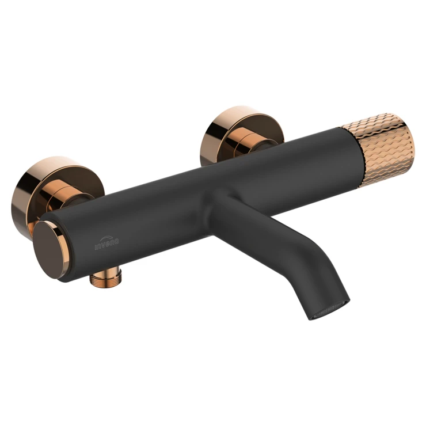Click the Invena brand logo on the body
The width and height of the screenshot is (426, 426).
click(106, 243)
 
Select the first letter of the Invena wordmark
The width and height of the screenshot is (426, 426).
click(96, 248)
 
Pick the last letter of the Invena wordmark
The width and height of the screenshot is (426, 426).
click(116, 241)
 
